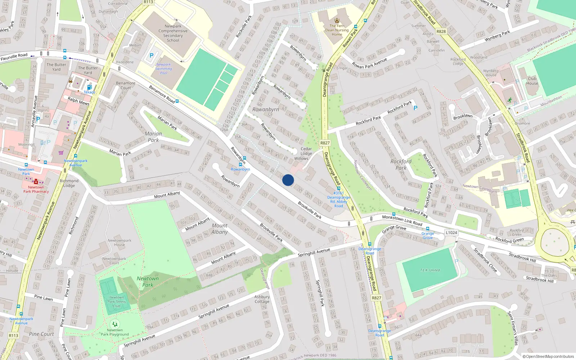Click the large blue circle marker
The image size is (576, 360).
pyautogui.click(x=288, y=180)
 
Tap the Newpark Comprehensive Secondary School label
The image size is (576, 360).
pyautogui.click(x=173, y=33)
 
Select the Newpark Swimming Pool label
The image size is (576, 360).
pyautogui.click(x=163, y=69)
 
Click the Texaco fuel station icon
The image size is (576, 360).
pyautogui.click(x=89, y=87)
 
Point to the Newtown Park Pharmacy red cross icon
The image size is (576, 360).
pyautogui.click(x=36, y=182)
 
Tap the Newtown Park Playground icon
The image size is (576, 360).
pyautogui.click(x=115, y=324)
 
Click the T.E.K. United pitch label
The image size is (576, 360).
pyautogui.click(x=430, y=270)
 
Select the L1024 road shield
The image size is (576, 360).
pyautogui.click(x=451, y=233)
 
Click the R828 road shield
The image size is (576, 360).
pyautogui.click(x=441, y=31)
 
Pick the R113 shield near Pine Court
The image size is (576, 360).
pyautogui.click(x=13, y=336)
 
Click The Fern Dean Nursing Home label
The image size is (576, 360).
pyautogui.click(x=337, y=30)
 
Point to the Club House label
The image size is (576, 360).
pyautogui.click(x=532, y=81)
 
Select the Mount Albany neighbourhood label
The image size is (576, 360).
pyautogui.click(x=220, y=229)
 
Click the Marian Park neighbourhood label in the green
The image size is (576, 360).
pyautogui.click(x=153, y=137)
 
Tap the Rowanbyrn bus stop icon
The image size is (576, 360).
pyautogui.click(x=244, y=158)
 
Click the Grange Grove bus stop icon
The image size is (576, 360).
pyautogui.click(x=428, y=229)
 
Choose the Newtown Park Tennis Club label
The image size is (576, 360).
pyautogui.click(x=116, y=302)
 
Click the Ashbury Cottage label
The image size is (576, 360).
pyautogui.click(x=262, y=299)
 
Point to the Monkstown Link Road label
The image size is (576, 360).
pyautogui.click(x=402, y=220)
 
